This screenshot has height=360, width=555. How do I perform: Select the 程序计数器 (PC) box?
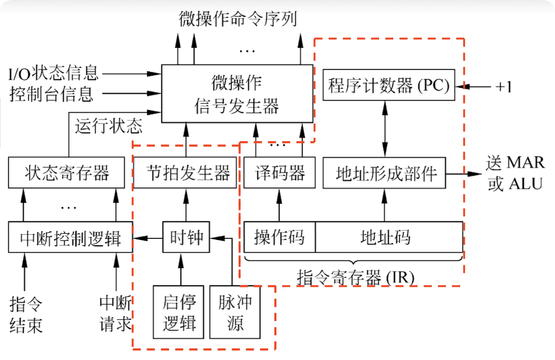(389, 86)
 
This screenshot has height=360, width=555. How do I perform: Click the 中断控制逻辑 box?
(70, 238)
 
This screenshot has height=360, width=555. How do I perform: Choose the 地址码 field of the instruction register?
(389, 237)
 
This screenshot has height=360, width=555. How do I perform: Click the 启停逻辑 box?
(179, 312)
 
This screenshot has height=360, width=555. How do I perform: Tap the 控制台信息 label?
(52, 95)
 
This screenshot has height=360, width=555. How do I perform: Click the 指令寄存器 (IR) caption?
(356, 275)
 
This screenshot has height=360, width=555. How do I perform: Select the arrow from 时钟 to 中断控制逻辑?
(147, 239)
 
